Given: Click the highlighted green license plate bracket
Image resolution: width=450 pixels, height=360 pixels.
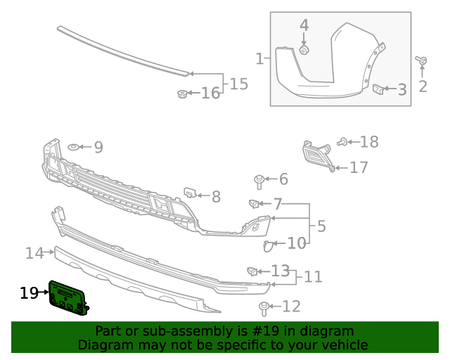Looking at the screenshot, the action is pos(68,299).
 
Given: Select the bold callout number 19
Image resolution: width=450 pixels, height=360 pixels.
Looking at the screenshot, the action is pos(29,293).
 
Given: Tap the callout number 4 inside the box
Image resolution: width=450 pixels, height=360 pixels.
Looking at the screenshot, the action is pos(304,25).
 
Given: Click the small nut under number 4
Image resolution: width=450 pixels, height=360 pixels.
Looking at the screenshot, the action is pos(304,50).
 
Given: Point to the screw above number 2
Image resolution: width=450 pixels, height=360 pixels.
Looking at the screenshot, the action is pos(422,60).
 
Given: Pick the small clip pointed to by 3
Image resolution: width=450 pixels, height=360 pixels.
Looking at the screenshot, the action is pos(378,89).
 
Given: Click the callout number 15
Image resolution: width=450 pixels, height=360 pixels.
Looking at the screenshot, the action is pos(239,84).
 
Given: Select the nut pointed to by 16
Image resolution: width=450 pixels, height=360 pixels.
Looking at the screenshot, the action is pos(182,94).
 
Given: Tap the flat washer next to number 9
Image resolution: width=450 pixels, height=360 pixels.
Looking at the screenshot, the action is pos(73,147).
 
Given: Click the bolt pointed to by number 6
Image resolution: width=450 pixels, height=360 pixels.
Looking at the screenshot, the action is pos(259,181).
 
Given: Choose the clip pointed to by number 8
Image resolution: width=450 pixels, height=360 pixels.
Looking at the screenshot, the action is pos(190,192).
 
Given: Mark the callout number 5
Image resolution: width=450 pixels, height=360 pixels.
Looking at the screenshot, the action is pos(322,226).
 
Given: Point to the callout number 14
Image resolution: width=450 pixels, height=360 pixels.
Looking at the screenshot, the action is pos(34,253).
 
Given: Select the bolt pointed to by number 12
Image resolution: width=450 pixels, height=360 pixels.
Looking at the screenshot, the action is pos(264,309).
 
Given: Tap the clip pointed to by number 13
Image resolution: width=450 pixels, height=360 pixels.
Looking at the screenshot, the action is pos(252,271).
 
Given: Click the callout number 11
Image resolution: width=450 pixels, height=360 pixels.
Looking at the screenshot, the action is pos(313,277).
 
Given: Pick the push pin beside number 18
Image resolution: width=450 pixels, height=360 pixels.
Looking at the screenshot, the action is pos(342,142).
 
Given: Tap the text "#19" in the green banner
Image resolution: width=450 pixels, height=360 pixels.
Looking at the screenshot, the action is pos(266,331).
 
